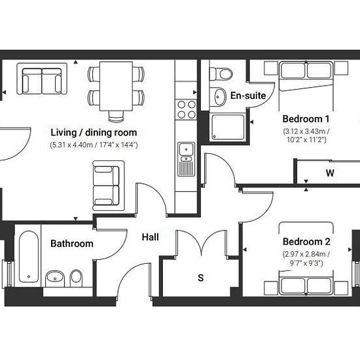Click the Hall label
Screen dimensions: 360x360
click(150, 237)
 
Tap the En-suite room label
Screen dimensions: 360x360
click(248, 96)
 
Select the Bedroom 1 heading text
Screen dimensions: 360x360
click(306, 119)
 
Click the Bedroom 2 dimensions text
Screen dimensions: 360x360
click(306, 259)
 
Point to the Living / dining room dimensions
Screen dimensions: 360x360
click(94, 145)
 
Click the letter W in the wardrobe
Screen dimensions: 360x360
click(330, 173)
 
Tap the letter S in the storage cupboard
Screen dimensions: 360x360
click(201, 278)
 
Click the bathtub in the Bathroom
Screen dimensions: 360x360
click(29, 257)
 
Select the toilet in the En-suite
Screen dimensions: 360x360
click(221, 74)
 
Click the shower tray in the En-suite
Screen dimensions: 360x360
click(228, 127)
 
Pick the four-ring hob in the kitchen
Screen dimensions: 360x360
click(186, 109)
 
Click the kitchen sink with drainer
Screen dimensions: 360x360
click(186, 159)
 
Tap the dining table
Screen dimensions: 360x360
click(116, 86)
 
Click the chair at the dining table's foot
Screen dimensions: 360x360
click(116, 116)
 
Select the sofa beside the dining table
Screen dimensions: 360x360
click(42, 79)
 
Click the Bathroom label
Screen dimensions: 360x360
click(72, 243)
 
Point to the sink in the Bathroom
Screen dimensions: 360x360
click(55, 278)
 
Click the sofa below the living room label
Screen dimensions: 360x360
click(109, 185)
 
